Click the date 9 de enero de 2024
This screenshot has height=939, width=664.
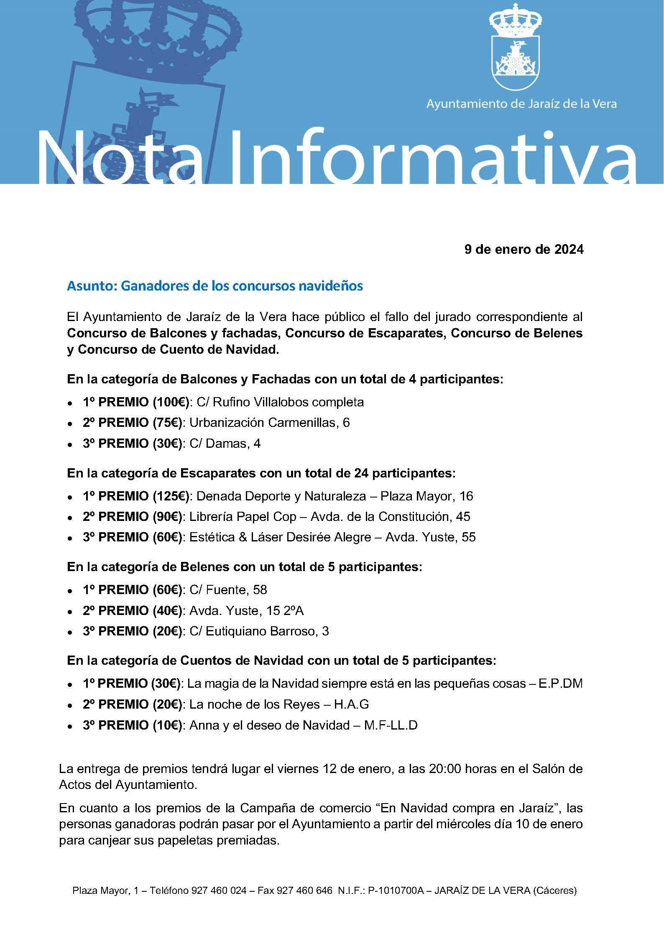pos(524,250)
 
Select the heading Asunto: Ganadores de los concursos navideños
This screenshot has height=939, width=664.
pos(215,286)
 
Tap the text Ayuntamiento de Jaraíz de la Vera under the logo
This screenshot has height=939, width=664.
pos(521,104)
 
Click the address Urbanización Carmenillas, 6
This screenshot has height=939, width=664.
pos(269,423)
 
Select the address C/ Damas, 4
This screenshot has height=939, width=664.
pos(225,443)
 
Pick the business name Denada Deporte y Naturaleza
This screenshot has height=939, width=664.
pos(286,496)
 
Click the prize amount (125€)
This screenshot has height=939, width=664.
pos(171,496)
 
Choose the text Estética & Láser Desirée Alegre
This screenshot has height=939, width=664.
pos(280,537)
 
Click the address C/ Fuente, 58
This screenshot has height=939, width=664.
pos(228,590)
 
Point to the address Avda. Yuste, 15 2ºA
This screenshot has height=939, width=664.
pos(246,611)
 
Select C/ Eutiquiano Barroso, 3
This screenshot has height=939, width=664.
pos(259,631)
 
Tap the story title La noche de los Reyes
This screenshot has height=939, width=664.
pos(255,705)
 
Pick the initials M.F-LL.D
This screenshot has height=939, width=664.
pos(391,725)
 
